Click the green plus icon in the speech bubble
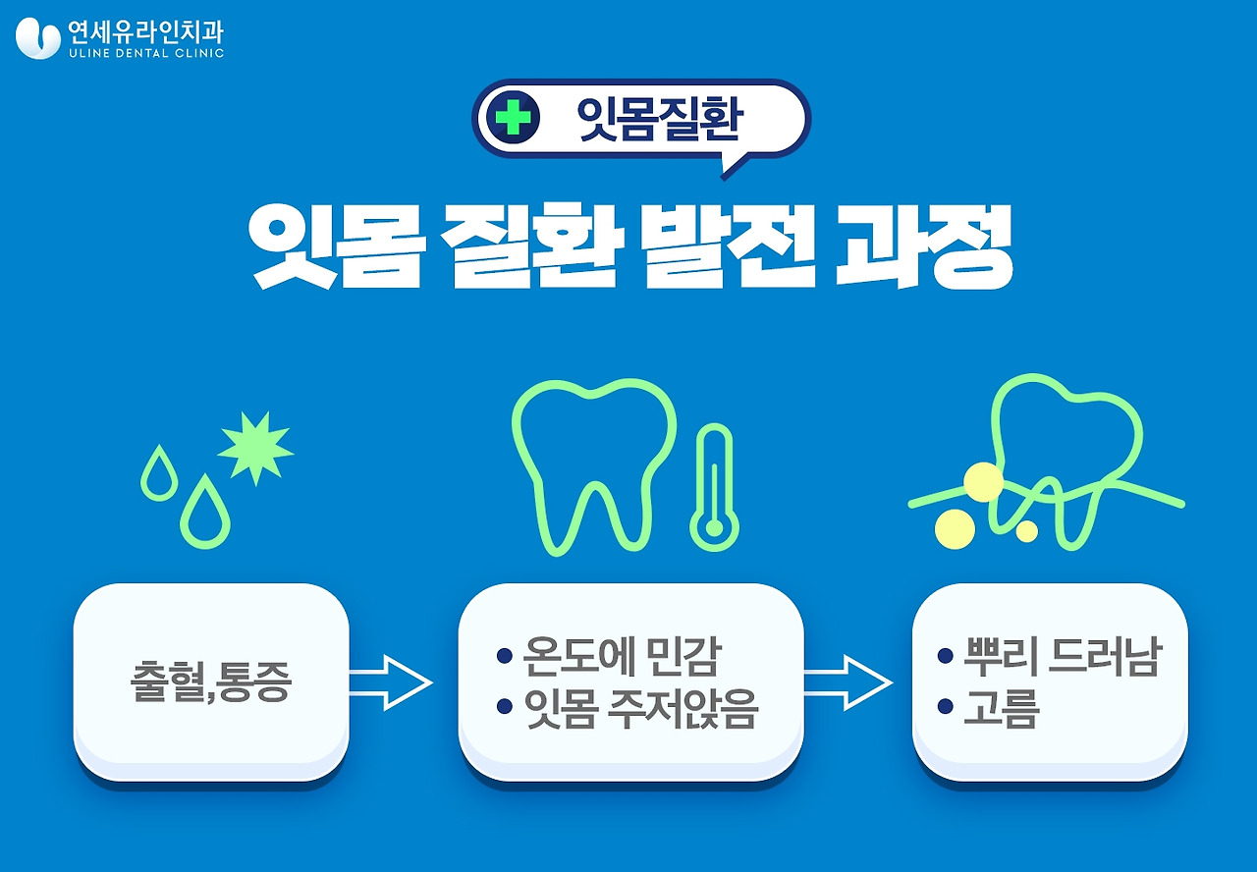pos(513,118)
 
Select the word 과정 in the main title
pos(923,247)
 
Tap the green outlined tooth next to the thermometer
pos(593,462)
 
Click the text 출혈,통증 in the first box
pos(211,682)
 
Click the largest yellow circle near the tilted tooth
pos(983,482)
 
